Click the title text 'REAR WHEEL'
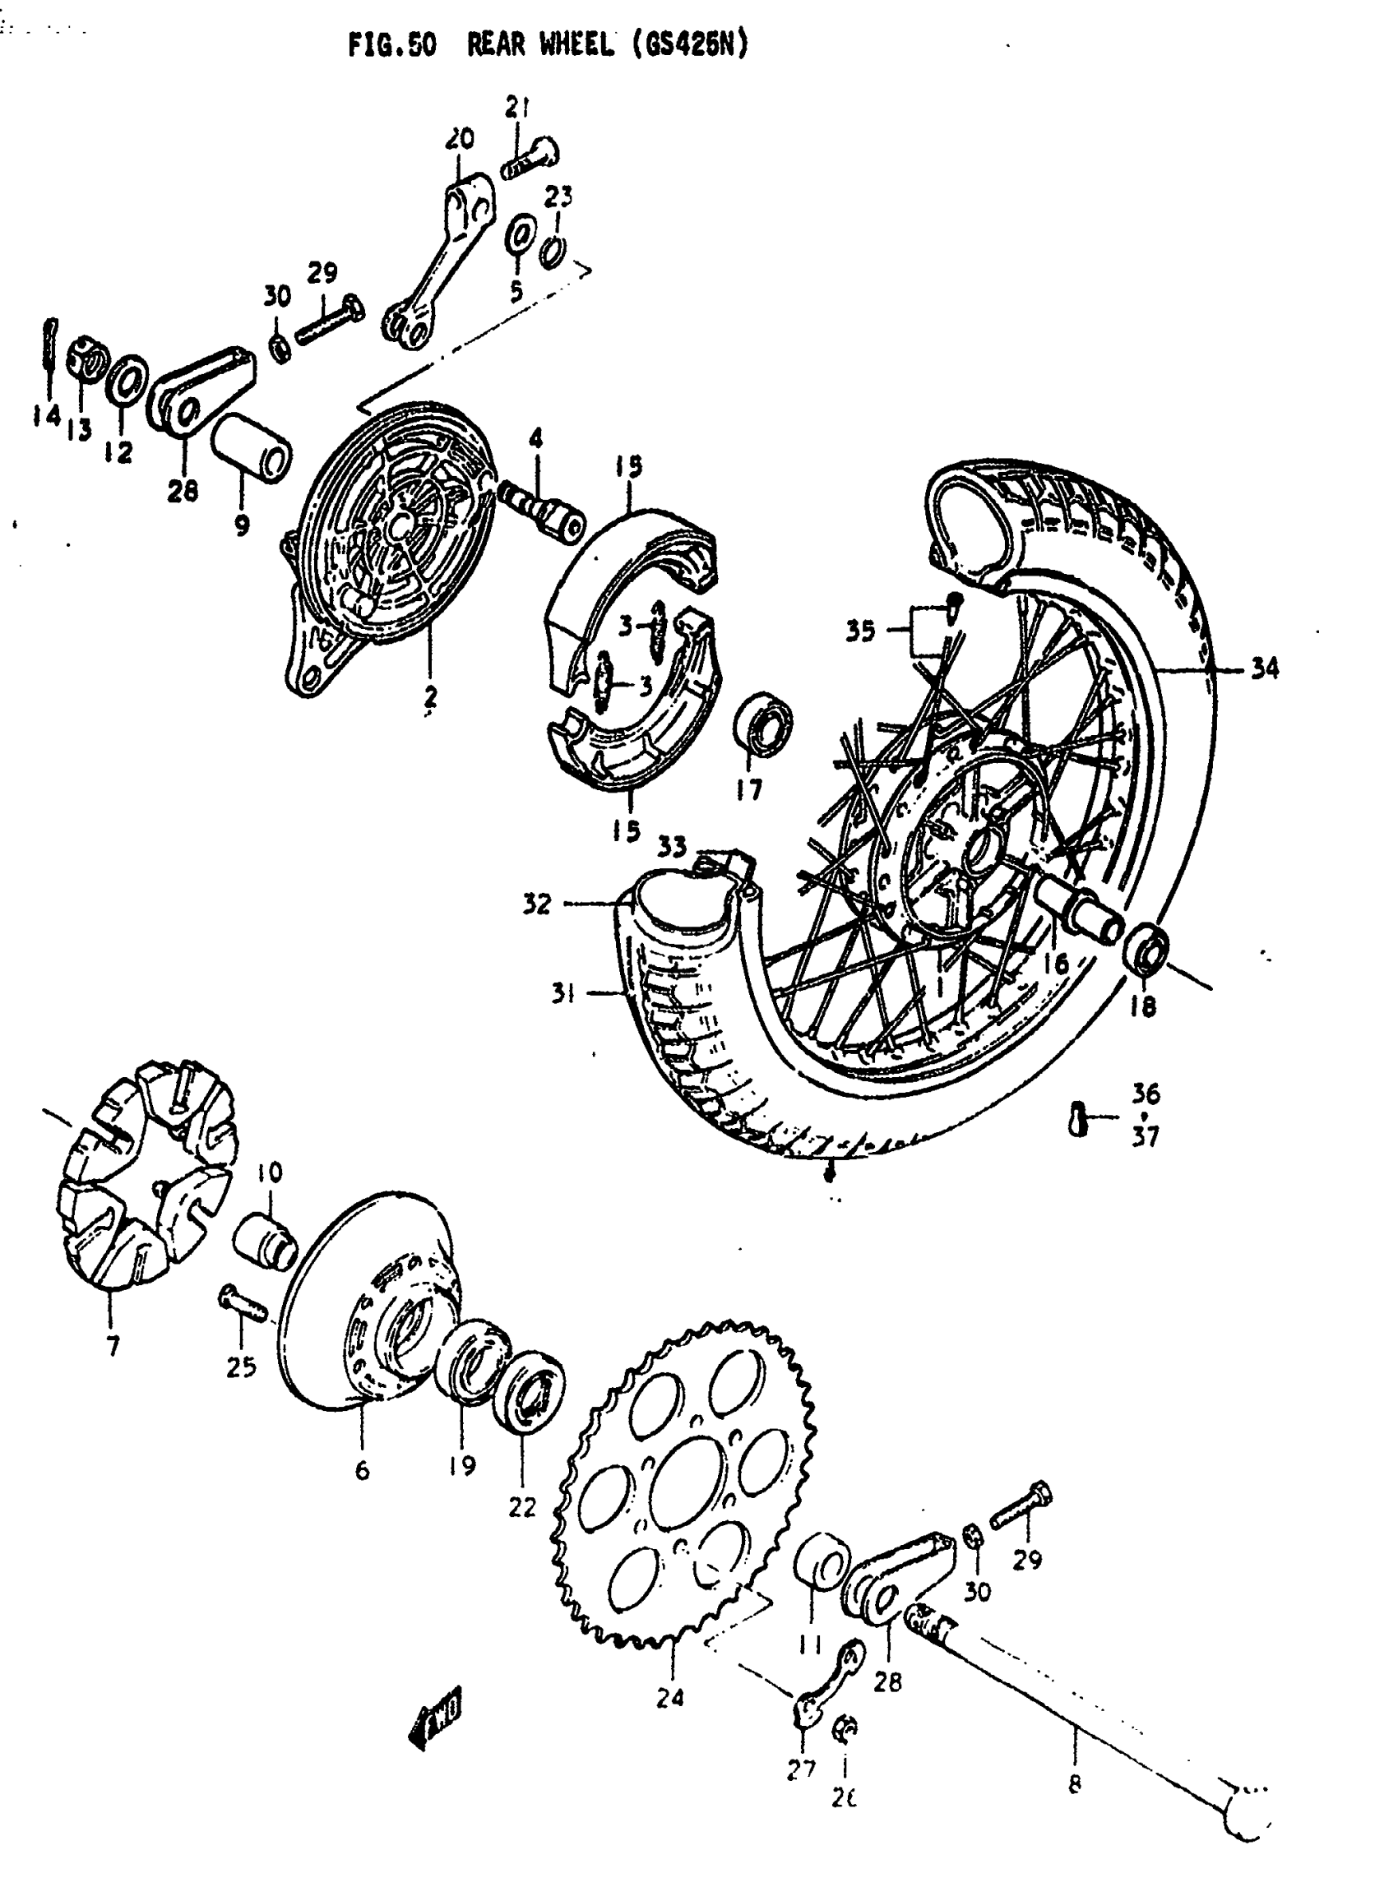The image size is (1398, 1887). click(540, 47)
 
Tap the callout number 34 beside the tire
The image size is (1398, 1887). click(1264, 669)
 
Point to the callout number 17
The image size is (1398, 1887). click(748, 789)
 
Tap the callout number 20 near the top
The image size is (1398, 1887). click(461, 138)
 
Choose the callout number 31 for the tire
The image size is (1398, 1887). click(562, 993)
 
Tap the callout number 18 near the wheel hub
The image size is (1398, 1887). click(1142, 1007)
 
